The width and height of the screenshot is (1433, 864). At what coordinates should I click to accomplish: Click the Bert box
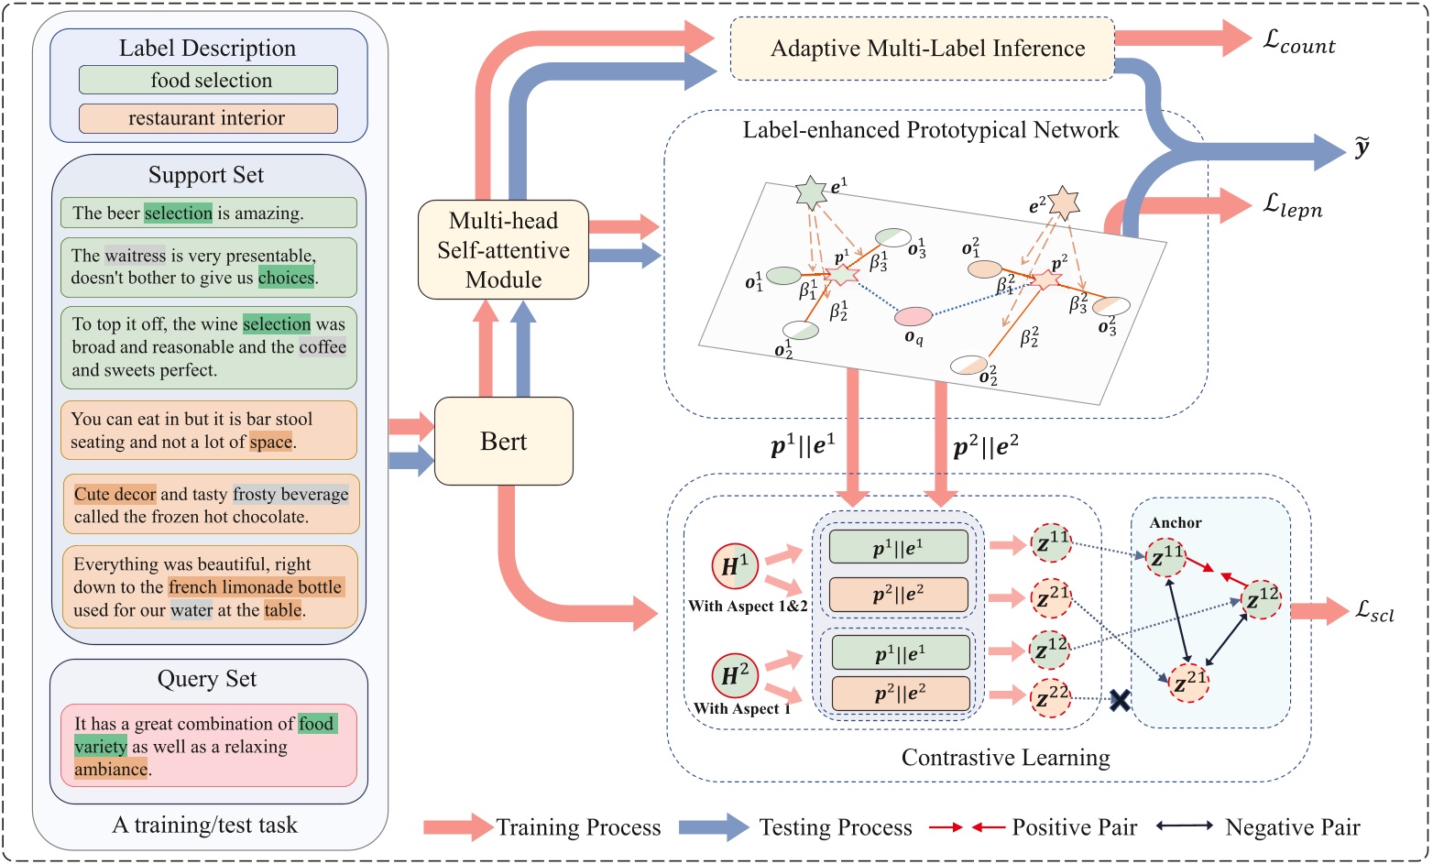tap(503, 441)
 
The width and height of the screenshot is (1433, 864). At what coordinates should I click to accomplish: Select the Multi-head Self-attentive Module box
tap(503, 249)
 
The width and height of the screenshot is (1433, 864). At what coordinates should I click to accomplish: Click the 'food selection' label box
tap(209, 81)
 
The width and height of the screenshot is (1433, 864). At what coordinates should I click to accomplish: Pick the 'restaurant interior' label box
tap(209, 118)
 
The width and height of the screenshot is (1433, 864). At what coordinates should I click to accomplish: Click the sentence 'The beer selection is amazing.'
tap(209, 213)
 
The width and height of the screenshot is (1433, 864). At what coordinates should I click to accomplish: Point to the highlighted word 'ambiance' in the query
tap(111, 770)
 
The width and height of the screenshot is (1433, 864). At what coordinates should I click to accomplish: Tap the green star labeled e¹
tap(812, 192)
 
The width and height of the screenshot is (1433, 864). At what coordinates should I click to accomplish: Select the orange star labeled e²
tap(1063, 202)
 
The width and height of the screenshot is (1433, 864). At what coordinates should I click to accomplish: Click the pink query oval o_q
tap(913, 317)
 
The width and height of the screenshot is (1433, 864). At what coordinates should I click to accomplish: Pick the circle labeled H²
tap(735, 676)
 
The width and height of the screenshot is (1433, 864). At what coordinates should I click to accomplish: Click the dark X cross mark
tap(1120, 701)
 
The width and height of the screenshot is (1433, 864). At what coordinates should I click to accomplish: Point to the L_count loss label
tap(1299, 43)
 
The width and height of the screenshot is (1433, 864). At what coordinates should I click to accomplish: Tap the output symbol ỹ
tap(1362, 148)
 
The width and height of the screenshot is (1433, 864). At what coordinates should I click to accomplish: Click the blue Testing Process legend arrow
tap(715, 827)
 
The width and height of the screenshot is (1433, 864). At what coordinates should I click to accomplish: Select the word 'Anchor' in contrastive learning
tap(1176, 522)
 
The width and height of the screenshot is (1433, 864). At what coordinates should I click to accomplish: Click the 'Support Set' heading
tap(206, 175)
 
